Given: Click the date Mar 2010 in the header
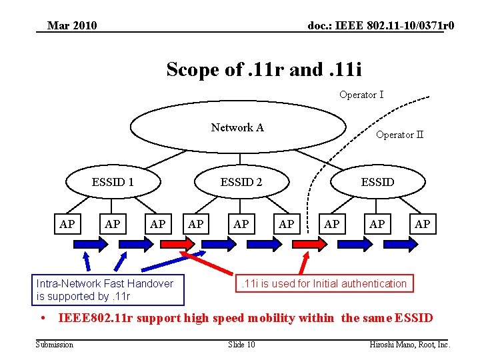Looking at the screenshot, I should coord(72,26).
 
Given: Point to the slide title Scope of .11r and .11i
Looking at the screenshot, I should coord(264,69).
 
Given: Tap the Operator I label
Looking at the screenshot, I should coord(361,95).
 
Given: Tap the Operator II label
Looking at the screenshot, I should coord(399,135).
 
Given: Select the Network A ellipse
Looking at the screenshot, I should coord(238,127).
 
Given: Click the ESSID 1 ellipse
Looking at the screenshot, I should coord(113,182).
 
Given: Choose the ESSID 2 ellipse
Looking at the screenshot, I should coord(241,182).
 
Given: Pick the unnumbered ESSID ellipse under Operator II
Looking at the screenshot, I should coord(377,182).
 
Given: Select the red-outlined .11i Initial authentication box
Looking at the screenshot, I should coord(323,284).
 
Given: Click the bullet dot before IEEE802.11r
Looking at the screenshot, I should coord(42,318).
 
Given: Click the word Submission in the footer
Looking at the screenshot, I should coord(55,345).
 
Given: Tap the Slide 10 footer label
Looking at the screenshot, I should coord(241,345).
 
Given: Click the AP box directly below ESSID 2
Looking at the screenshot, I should coord(241,224).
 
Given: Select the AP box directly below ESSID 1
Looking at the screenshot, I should coord(113,224).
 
